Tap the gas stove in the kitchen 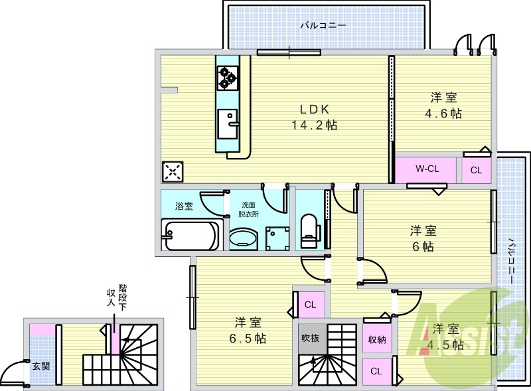click(228, 78)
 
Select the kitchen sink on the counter click(229, 121)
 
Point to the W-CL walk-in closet click(426, 169)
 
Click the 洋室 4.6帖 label click(443, 105)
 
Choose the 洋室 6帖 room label click(422, 238)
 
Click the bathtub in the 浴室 click(190, 235)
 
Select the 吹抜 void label click(309, 338)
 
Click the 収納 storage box click(377, 340)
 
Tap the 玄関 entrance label click(40, 365)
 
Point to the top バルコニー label click(323, 27)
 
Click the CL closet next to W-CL click(476, 170)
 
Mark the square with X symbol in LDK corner click(172, 172)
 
